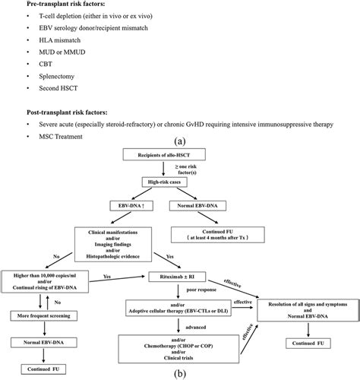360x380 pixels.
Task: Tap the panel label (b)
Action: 179,373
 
